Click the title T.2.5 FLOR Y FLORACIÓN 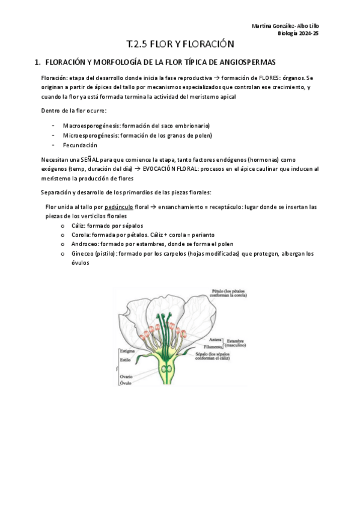point(180,45)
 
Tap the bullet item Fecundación point(80,145)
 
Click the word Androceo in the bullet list point(85,244)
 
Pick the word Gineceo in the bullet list point(84,254)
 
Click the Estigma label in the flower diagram point(127,350)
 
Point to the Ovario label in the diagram point(126,376)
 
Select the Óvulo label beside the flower point(126,383)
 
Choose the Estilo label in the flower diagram point(125,360)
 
